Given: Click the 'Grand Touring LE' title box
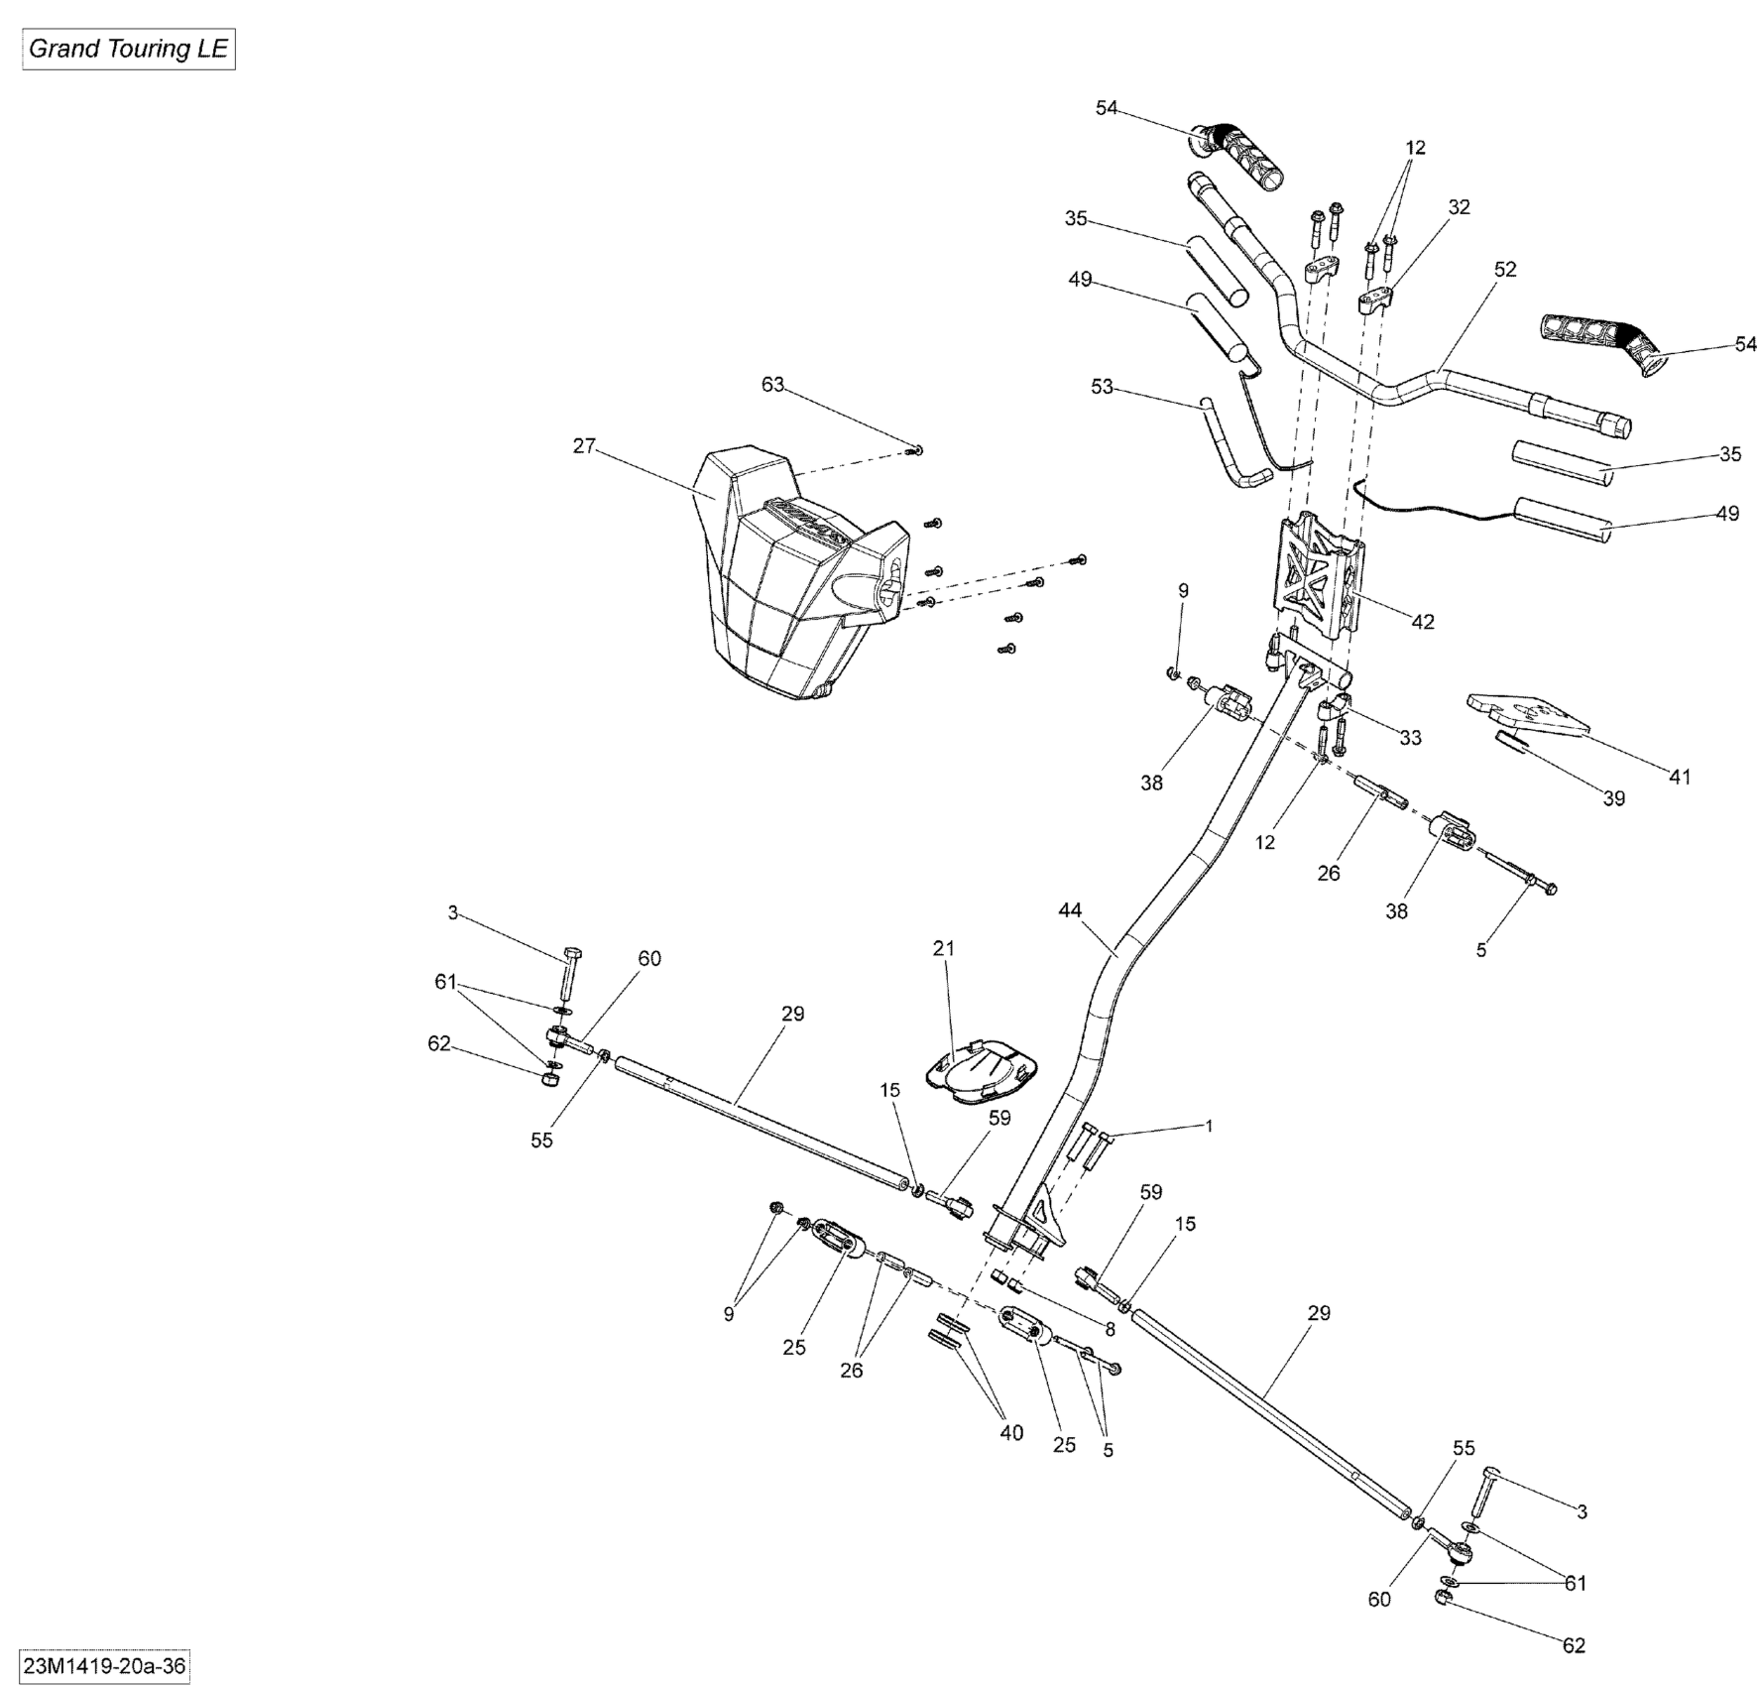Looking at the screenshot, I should [x=128, y=50].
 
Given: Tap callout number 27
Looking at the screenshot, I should [x=584, y=446].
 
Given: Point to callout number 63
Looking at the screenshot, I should [x=772, y=385].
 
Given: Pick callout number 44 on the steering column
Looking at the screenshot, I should [x=1070, y=910].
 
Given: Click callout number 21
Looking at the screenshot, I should [x=943, y=949].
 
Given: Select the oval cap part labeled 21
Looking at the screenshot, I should [x=983, y=1071].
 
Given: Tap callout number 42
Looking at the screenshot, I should [x=1423, y=622].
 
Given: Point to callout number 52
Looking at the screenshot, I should [x=1505, y=269].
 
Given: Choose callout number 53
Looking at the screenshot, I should [x=1102, y=387].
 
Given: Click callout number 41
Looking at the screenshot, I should [x=1680, y=777].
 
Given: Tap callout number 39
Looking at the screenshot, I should [x=1614, y=798].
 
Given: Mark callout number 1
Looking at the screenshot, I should [x=1209, y=1127].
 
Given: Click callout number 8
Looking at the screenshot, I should [x=1110, y=1329].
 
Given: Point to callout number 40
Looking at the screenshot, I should [x=1011, y=1433].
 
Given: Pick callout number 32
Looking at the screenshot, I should [x=1460, y=207].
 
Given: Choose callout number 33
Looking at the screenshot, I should [x=1410, y=738].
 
